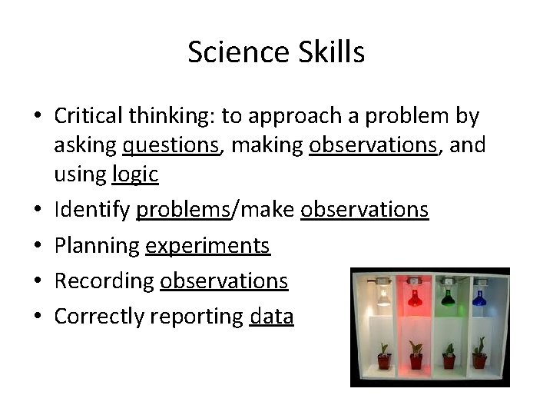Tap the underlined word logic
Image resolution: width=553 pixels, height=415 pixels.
pos(135,174)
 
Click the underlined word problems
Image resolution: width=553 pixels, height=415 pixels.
pos(183,210)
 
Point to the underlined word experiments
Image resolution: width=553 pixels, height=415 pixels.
pos(207,246)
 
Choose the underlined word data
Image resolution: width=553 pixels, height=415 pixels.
pos(272,316)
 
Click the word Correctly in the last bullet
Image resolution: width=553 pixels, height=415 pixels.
pos(99,316)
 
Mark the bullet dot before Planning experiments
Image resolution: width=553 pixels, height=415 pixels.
pos(38,246)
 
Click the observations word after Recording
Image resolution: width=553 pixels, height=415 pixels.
pos(224,281)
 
